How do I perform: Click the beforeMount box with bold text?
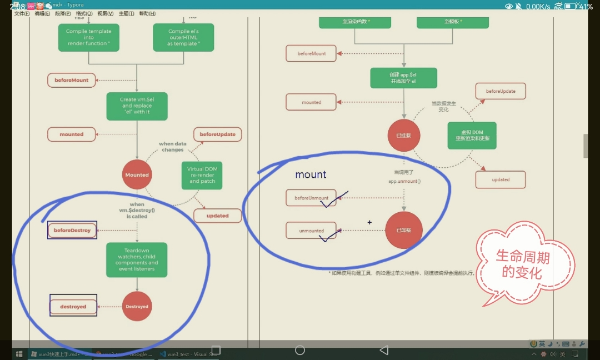(x=72, y=80)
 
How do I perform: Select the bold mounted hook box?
(x=72, y=134)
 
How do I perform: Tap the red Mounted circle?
(x=137, y=174)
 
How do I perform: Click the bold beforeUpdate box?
(x=217, y=134)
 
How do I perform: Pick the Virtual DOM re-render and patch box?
(x=202, y=175)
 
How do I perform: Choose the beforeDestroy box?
(x=72, y=230)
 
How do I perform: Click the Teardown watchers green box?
(x=137, y=259)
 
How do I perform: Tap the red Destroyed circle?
(x=137, y=306)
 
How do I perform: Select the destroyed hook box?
(x=73, y=306)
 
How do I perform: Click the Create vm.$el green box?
(x=137, y=106)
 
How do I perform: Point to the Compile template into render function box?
(x=88, y=37)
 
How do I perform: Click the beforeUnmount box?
(x=311, y=198)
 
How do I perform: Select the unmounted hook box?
(x=311, y=231)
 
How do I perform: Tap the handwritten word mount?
(x=311, y=174)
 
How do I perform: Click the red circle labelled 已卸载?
(x=404, y=230)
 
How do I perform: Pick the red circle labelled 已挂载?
(x=404, y=136)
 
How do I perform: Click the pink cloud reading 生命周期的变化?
(x=522, y=264)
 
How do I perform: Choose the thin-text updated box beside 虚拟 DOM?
(x=501, y=179)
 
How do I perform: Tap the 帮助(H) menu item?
(x=147, y=13)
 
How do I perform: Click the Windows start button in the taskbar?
(x=19, y=353)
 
